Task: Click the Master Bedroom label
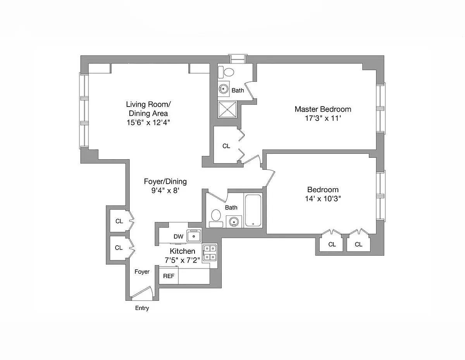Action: pos(323,109)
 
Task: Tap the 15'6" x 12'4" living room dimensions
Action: pos(148,122)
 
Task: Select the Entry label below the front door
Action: pos(142,308)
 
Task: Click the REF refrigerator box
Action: pos(169,276)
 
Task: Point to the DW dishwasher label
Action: pos(178,237)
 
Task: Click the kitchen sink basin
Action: pos(194,236)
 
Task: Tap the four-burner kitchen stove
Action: pos(210,253)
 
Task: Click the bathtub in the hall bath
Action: pos(253,210)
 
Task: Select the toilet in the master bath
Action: pos(226,72)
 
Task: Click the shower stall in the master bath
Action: pos(227,110)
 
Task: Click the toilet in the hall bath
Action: pos(216,218)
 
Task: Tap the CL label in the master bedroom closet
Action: pos(226,146)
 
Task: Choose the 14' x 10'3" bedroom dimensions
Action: pos(323,199)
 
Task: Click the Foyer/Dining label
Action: pos(165,181)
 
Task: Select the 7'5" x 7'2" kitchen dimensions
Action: pos(182,260)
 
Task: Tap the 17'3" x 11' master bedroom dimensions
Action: pos(323,118)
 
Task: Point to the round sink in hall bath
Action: pos(234,222)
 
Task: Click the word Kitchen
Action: pos(183,251)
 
